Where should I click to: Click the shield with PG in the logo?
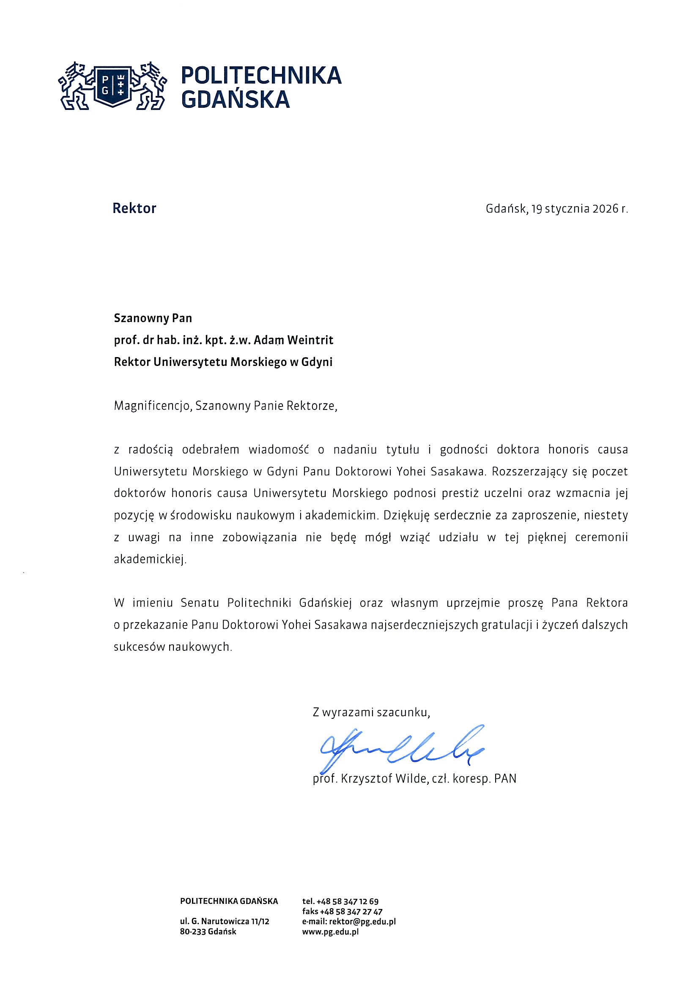[112, 85]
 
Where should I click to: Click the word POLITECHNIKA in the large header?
[261, 75]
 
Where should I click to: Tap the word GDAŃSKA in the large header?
[235, 99]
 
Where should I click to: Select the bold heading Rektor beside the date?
[134, 208]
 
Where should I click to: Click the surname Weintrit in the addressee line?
[310, 340]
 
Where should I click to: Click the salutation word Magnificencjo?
[152, 405]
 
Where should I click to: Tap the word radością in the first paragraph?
[150, 450]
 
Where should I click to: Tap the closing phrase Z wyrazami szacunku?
[371, 712]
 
